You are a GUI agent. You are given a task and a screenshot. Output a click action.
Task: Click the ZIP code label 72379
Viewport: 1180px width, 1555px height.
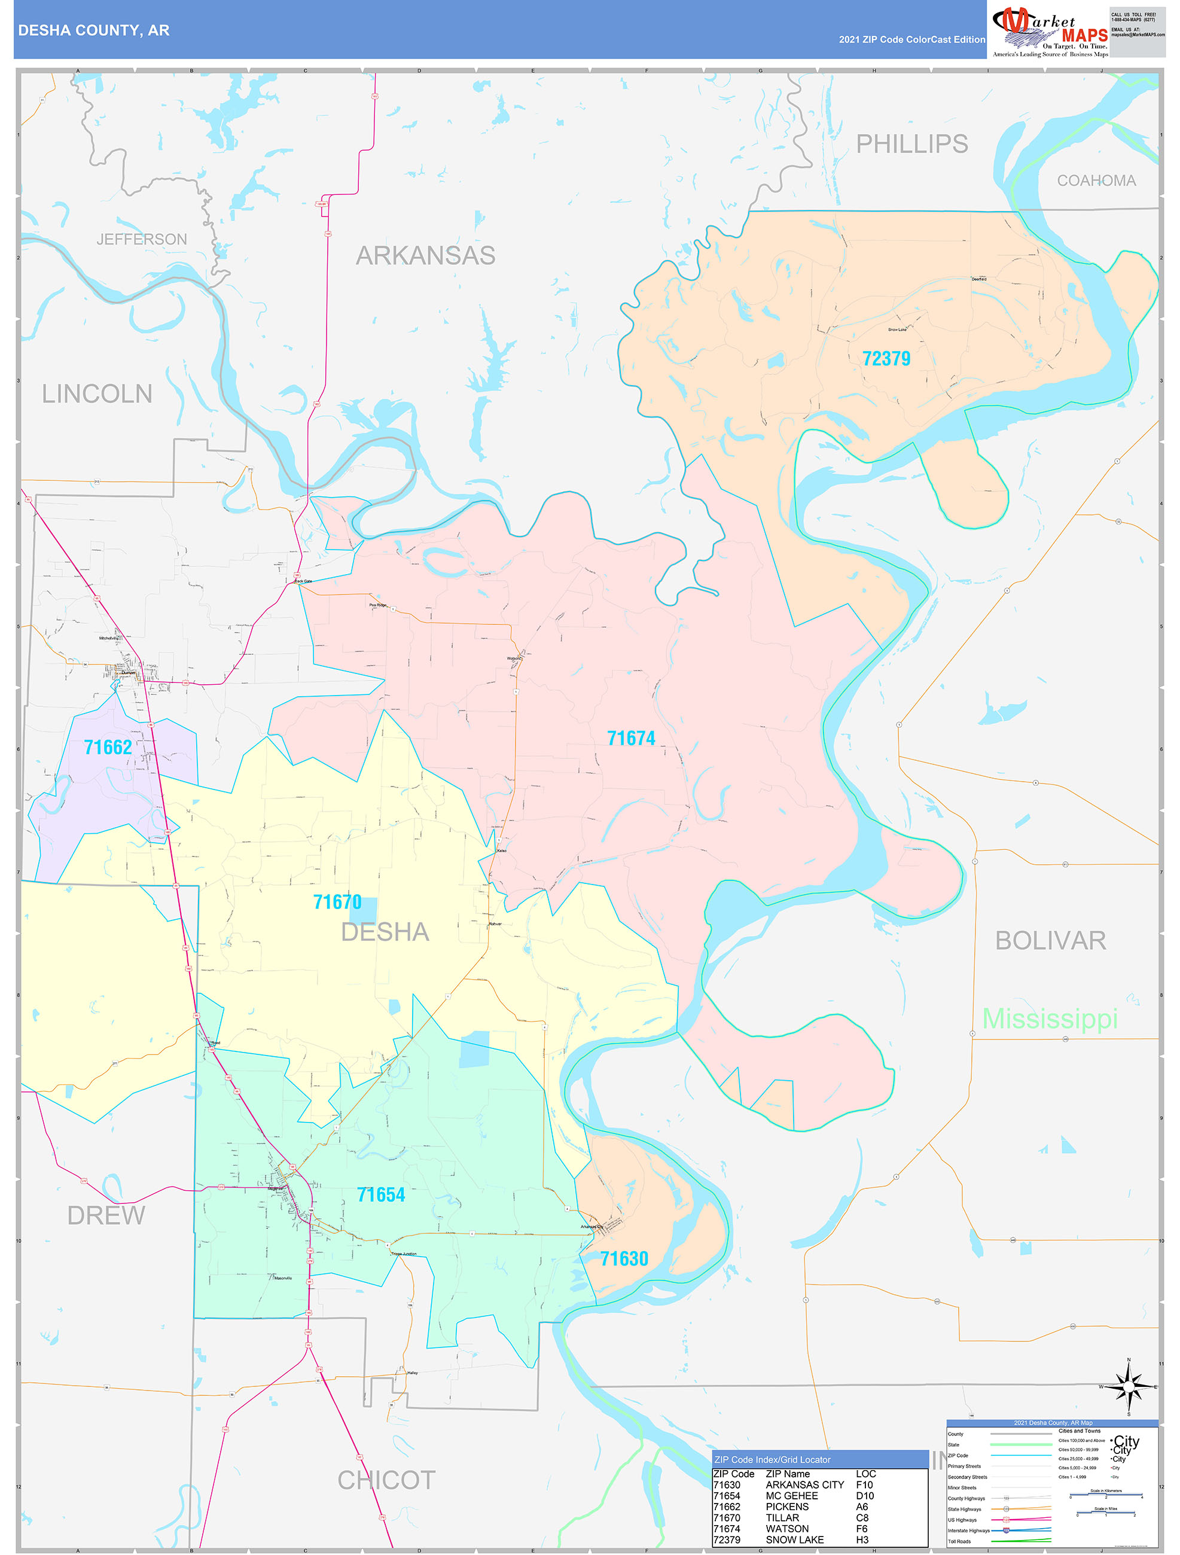click(886, 358)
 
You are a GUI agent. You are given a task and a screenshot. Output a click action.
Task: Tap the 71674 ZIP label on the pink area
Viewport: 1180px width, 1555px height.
click(630, 738)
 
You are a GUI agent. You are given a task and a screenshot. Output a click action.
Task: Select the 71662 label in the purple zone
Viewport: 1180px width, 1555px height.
click(108, 747)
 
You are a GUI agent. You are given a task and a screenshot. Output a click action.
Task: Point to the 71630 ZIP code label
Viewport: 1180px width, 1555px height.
click(623, 1258)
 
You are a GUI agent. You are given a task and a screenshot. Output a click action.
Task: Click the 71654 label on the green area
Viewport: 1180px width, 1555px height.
click(380, 1194)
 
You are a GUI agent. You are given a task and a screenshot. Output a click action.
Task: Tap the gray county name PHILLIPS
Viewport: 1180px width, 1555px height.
click(911, 144)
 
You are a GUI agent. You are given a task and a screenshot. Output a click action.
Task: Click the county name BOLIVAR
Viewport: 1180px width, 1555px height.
click(1050, 941)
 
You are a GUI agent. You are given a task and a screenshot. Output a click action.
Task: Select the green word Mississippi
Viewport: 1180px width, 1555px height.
click(1049, 1019)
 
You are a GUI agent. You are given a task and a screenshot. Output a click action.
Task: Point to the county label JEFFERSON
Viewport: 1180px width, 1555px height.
click(141, 240)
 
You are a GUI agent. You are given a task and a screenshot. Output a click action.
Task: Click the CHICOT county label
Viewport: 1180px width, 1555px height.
click(386, 1480)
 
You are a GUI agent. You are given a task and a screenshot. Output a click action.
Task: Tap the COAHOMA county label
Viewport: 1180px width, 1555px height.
click(1096, 181)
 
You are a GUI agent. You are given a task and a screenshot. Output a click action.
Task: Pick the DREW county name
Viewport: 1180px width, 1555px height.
click(106, 1215)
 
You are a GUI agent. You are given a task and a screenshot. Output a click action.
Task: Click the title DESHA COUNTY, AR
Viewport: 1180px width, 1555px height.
click(93, 31)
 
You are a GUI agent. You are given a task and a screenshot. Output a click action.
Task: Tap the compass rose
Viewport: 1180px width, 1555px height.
click(1128, 1386)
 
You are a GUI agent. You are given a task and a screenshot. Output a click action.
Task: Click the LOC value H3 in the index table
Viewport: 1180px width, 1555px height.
click(862, 1539)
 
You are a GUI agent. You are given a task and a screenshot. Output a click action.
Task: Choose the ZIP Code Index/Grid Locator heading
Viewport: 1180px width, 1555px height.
click(772, 1459)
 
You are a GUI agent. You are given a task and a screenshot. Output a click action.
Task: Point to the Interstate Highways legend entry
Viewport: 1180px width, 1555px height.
click(968, 1530)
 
